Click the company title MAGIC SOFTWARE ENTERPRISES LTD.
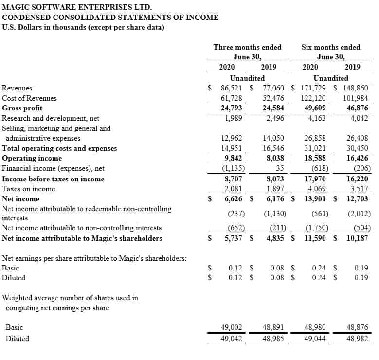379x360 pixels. tap(77, 7)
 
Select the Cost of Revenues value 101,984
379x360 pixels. tap(356, 98)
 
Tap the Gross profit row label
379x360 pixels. tap(22, 108)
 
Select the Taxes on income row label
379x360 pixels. tap(29, 189)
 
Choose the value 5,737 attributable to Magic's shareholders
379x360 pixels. tap(231, 238)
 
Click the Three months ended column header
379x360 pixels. tap(247, 47)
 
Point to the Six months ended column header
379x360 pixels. tap(331, 47)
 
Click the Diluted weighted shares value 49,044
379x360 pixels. tap(316, 339)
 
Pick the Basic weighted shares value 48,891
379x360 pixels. tap(273, 327)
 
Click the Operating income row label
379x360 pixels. tap(32, 158)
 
